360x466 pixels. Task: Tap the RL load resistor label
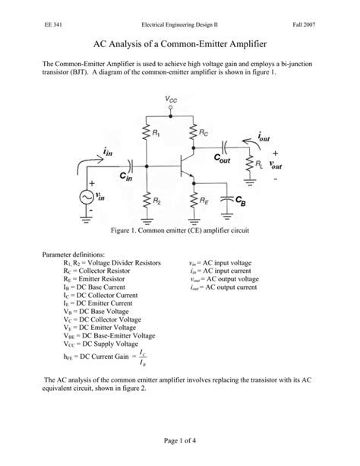[x=260, y=163]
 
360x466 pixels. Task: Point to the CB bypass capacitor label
[x=240, y=201]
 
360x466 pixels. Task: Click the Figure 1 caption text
[x=179, y=229]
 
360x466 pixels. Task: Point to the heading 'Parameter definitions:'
[x=74, y=254]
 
